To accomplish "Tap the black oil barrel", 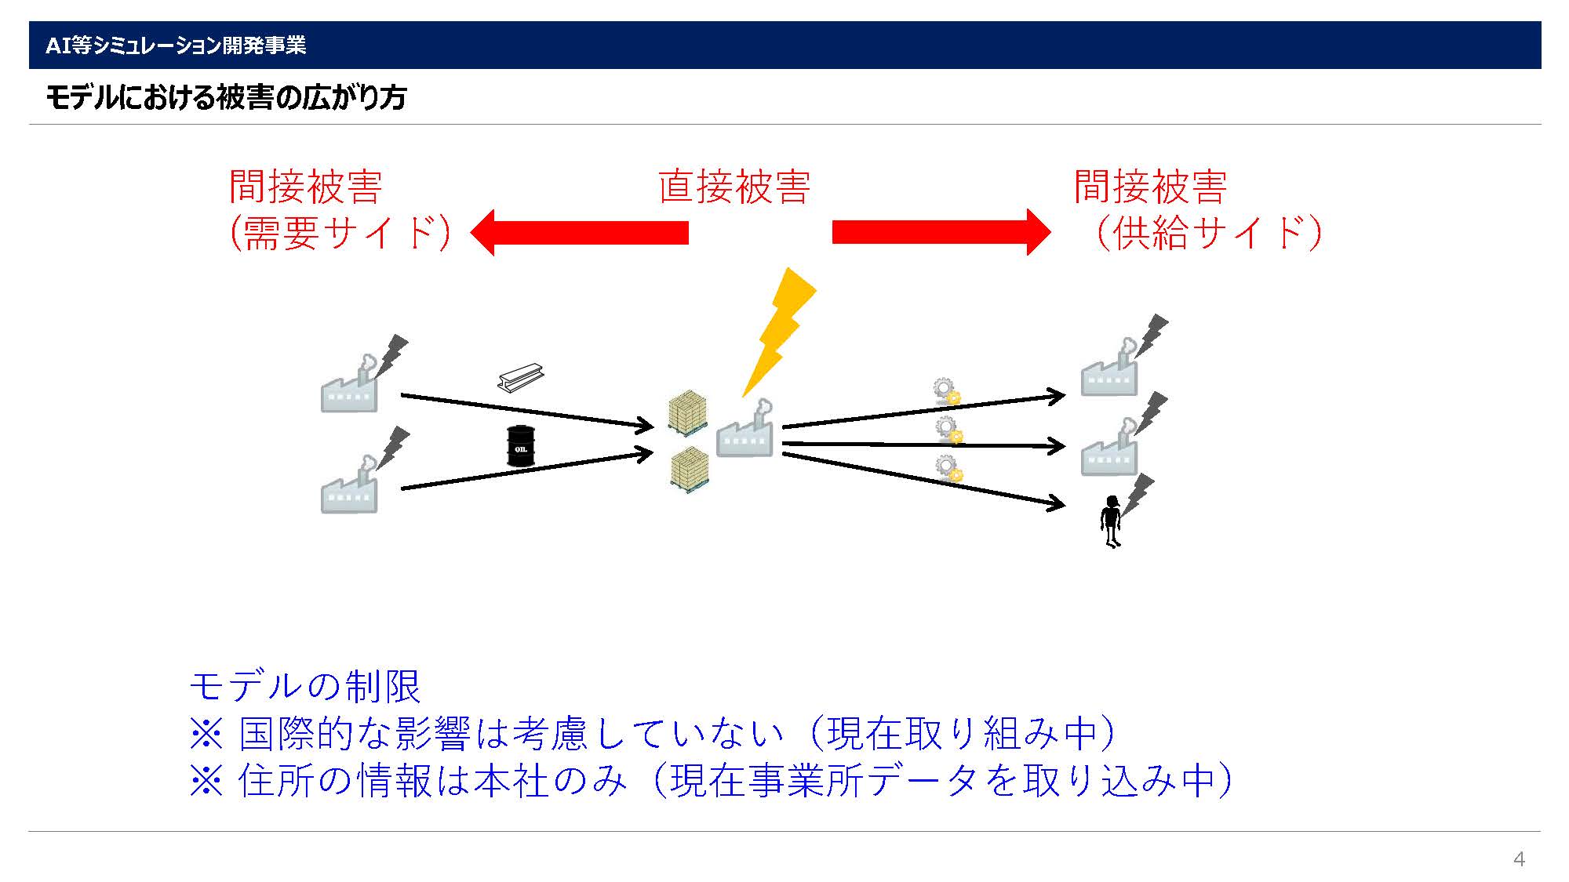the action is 520,446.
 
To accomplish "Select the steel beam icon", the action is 521,377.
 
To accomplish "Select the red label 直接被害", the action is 734,187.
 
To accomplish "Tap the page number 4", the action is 1519,859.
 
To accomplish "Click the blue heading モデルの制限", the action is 305,686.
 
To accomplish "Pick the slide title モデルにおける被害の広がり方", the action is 226,97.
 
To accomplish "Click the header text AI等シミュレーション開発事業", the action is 176,45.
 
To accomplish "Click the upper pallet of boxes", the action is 688,412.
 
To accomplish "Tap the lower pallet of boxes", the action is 690,470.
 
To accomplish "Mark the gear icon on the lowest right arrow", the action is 949,468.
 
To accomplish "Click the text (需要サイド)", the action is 340,233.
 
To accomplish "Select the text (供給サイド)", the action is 1209,233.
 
